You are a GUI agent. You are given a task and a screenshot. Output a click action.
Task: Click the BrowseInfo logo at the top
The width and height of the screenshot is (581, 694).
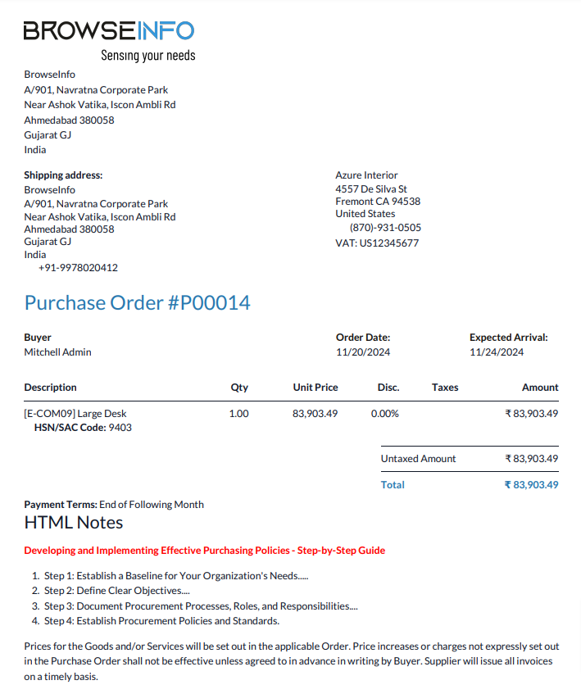coord(108,31)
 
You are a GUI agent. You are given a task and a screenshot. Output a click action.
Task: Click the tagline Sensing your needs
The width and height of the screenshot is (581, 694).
coord(148,56)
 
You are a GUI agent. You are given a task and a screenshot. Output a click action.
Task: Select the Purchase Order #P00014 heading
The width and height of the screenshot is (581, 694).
coord(137,303)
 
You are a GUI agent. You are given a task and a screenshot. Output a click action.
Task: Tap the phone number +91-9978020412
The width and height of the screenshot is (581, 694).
coord(78,268)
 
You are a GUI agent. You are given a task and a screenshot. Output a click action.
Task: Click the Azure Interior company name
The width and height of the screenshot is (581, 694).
coord(366,175)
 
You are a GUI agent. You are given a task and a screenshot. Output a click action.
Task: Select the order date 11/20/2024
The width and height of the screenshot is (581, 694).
coord(363,352)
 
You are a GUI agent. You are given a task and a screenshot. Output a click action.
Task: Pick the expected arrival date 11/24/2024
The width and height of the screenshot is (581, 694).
coord(497,352)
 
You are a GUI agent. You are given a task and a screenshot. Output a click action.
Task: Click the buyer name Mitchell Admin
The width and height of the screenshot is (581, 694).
coord(57,352)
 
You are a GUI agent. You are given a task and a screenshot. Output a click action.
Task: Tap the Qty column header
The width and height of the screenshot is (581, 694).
coord(239,388)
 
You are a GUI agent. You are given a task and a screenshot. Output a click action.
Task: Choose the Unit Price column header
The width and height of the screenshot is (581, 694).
coord(315,388)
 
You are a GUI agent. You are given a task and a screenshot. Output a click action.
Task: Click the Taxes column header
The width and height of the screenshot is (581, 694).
coord(445,388)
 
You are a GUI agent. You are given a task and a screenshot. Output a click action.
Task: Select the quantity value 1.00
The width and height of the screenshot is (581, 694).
coord(238,414)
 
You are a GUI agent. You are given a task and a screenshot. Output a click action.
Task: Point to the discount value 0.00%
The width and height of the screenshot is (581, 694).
coord(385,414)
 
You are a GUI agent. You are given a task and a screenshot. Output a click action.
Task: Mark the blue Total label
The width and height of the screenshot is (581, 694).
coord(393,485)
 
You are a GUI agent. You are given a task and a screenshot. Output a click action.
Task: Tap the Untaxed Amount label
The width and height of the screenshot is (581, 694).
coord(418,459)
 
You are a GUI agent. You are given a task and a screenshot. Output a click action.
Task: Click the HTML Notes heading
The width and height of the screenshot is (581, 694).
coord(74,523)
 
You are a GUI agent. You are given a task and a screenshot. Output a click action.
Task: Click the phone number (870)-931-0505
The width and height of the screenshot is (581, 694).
coord(385,228)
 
